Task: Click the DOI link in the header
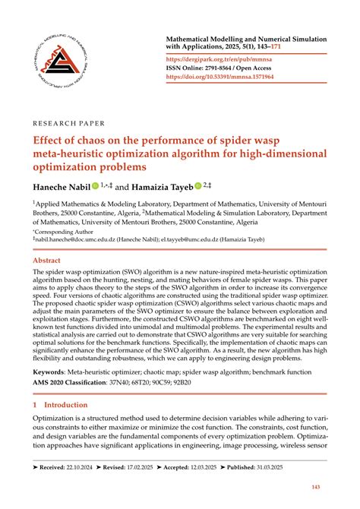(242, 77)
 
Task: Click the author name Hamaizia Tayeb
(159, 185)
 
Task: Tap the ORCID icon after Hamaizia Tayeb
(199, 185)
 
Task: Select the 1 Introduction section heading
(60, 405)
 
